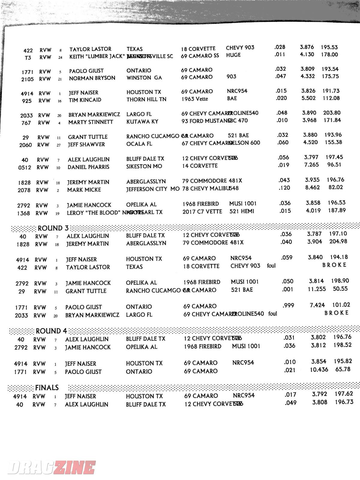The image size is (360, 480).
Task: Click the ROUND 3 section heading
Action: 53,228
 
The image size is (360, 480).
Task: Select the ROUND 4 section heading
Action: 51,331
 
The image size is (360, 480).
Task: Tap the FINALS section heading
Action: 47,388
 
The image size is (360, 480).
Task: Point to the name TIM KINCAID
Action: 85,100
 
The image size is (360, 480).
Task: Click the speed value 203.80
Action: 332,113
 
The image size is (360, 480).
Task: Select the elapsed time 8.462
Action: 312,188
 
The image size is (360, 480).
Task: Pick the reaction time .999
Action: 288,306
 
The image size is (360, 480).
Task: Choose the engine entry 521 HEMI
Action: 241,211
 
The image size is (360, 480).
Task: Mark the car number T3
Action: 28,58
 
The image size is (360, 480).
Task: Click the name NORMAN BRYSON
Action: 92,78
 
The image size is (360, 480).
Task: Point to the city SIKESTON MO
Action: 144,166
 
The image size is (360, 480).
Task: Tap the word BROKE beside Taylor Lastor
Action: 334,265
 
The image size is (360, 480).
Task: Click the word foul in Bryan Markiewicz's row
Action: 273,314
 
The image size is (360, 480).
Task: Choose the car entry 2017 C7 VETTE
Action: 202,212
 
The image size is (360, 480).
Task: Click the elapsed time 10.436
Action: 319,370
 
